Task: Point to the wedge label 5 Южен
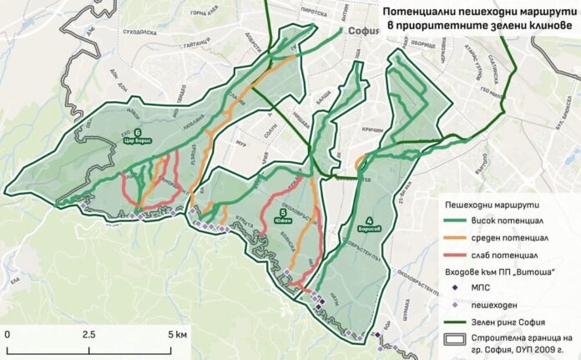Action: [x=285, y=216]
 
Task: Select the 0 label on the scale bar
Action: [x=8, y=333]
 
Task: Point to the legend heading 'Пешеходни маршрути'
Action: [x=493, y=204]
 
